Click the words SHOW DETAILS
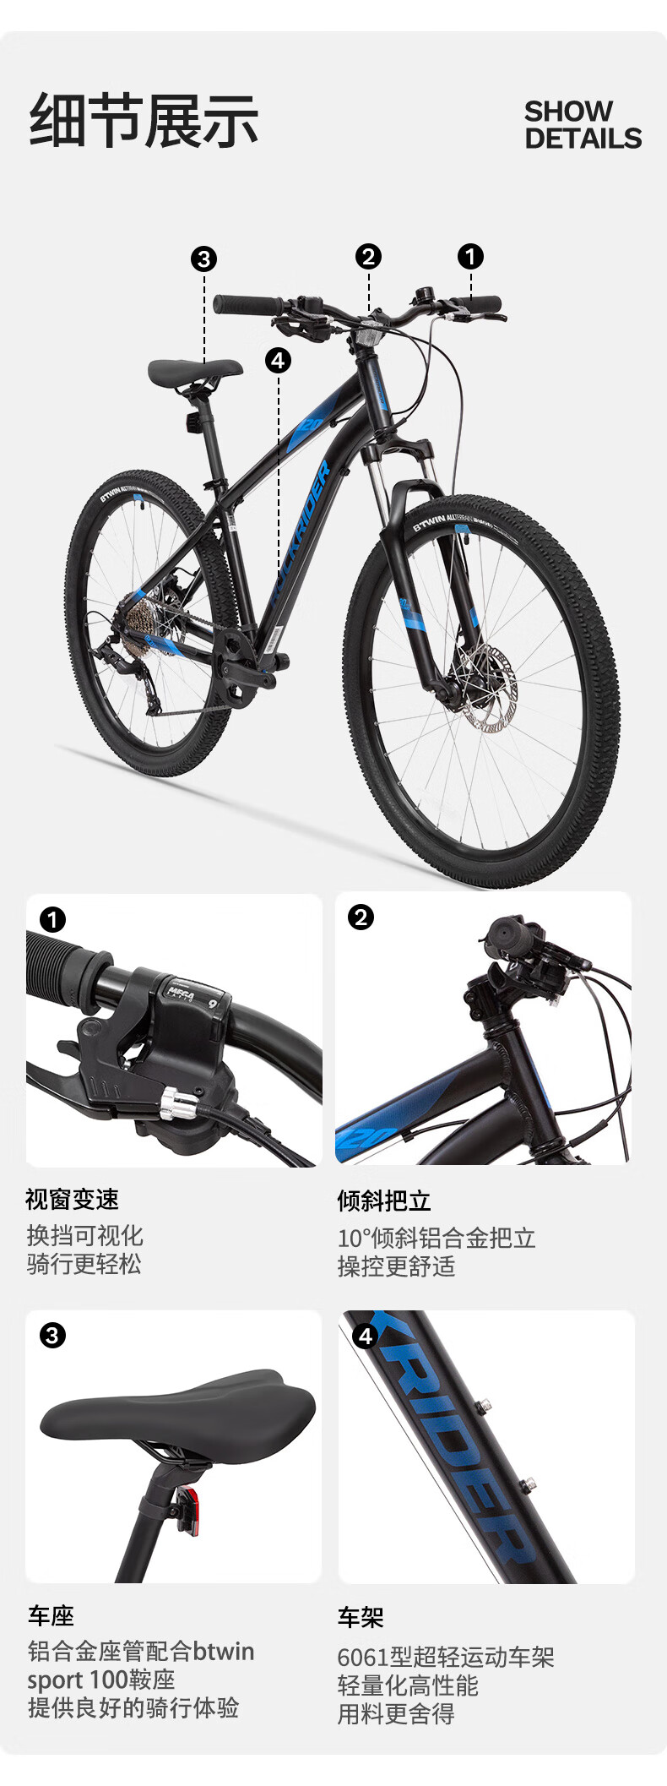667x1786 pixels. coord(583,124)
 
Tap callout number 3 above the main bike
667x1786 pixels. coord(203,259)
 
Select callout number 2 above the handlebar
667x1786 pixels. coord(368,256)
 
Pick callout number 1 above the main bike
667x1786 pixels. coord(470,256)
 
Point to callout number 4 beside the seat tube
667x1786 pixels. coord(278,361)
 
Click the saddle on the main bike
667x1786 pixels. coord(195,370)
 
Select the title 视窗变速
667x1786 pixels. coord(73,1199)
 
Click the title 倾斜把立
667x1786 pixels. coord(384,1200)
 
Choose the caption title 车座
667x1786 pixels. coord(51,1616)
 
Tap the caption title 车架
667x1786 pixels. coord(361,1618)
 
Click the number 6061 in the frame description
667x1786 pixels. coord(363,1658)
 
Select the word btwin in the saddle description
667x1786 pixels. coord(223,1652)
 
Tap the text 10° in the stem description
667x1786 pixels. coord(355,1239)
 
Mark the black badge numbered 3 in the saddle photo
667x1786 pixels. coord(52,1336)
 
